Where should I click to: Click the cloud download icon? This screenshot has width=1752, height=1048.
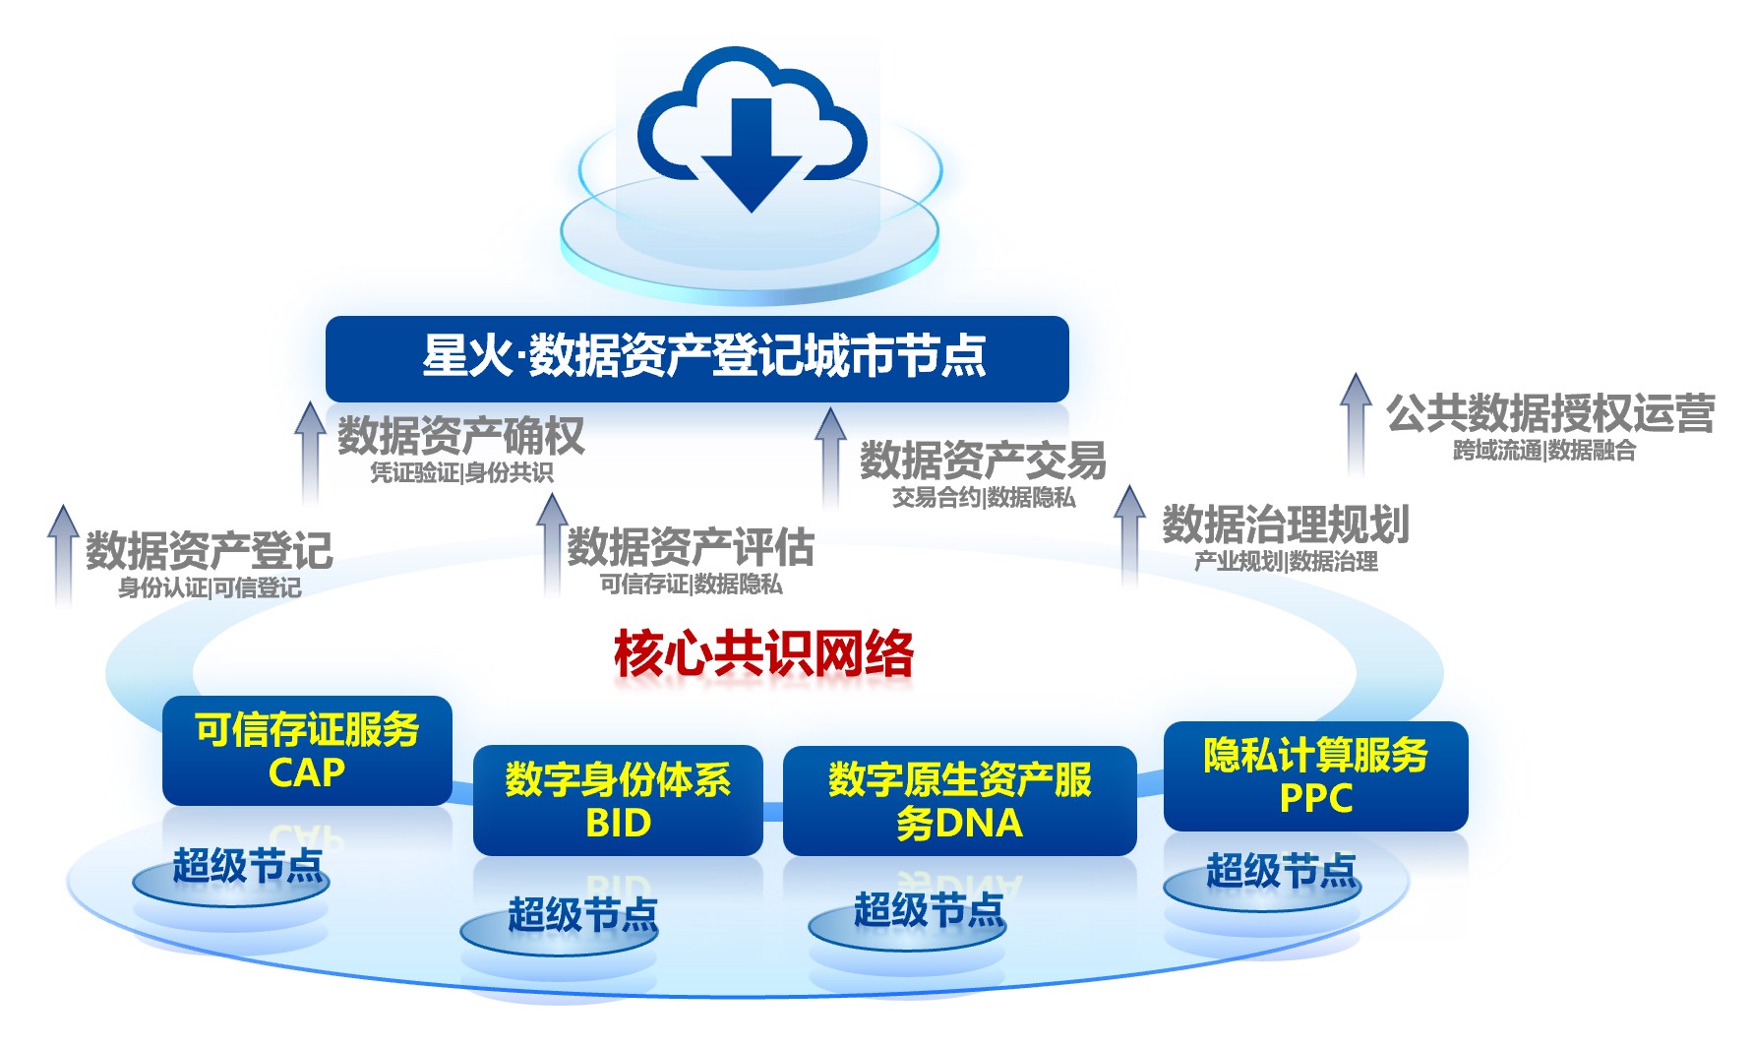click(x=752, y=128)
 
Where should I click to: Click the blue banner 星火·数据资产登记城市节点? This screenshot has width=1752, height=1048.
click(x=696, y=357)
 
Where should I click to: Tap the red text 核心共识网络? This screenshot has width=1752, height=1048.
click(x=763, y=653)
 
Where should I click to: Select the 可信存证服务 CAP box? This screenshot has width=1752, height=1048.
click(x=307, y=751)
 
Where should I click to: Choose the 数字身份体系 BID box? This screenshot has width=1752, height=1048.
click(x=618, y=800)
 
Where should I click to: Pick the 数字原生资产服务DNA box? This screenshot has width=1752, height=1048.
click(x=959, y=800)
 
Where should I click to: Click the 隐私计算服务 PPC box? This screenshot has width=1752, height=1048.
click(x=1315, y=775)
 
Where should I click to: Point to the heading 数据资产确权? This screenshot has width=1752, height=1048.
click(x=460, y=436)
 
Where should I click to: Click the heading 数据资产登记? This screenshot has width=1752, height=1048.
click(x=209, y=550)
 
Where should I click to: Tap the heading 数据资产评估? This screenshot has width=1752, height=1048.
click(x=691, y=547)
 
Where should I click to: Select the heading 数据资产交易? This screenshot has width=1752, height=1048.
click(x=983, y=460)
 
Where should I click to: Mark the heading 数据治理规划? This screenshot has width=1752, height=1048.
click(x=1286, y=524)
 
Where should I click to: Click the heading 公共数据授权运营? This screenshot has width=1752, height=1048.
click(x=1550, y=413)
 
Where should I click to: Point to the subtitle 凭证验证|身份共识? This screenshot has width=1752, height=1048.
click(x=461, y=473)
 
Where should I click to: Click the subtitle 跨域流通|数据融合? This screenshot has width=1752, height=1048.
click(x=1544, y=451)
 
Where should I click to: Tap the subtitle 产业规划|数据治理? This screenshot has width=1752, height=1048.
click(x=1286, y=562)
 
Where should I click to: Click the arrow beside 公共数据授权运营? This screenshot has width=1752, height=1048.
click(x=1356, y=423)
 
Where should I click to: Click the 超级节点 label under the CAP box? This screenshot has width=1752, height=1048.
click(x=247, y=867)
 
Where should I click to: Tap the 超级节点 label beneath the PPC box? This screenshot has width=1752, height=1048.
click(x=1281, y=872)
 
